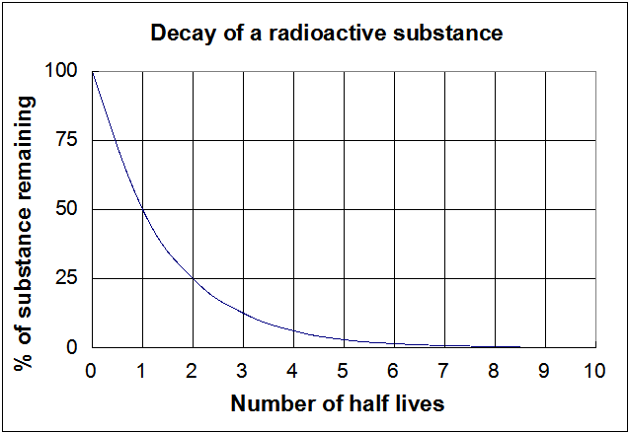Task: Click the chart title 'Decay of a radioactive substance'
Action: [327, 34]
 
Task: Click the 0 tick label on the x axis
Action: [92, 372]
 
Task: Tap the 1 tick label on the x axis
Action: [142, 372]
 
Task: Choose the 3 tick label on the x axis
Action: [243, 372]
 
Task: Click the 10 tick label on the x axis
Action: [594, 372]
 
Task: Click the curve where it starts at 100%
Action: [93, 72]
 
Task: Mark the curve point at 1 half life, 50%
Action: [142, 209]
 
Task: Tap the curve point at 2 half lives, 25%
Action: [193, 278]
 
